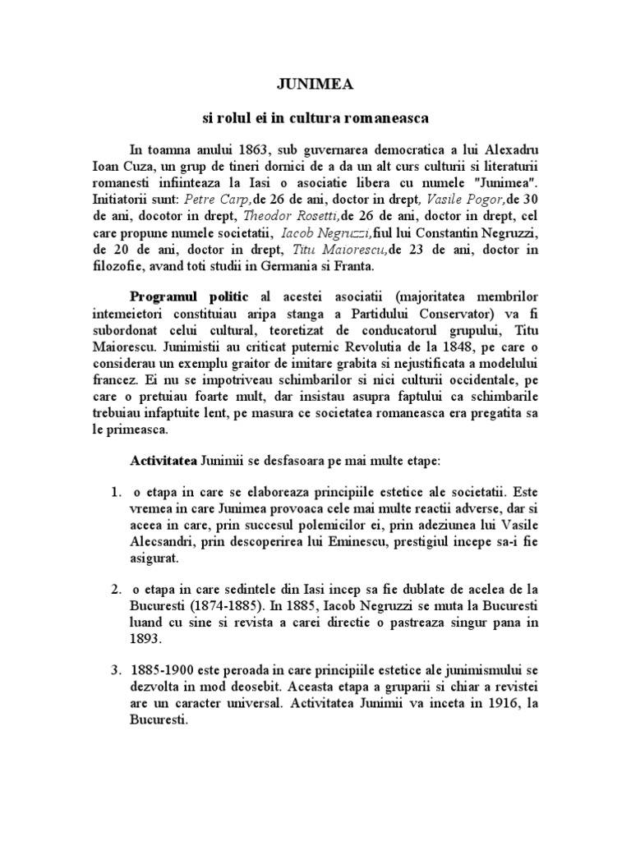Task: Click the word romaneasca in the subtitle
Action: point(384,118)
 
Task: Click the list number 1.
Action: point(116,493)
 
